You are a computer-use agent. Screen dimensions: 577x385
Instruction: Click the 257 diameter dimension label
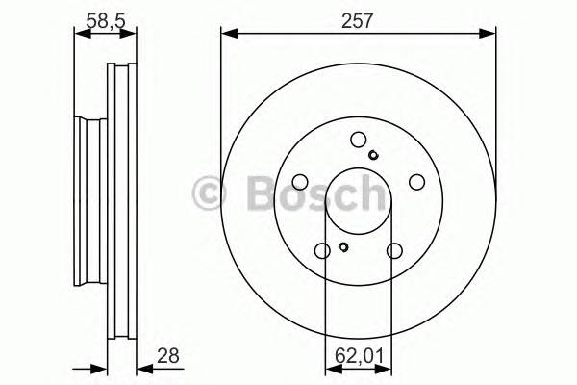pos(358,20)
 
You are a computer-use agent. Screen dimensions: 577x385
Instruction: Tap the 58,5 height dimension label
pos(106,20)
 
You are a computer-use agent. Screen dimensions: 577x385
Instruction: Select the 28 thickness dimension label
pos(168,356)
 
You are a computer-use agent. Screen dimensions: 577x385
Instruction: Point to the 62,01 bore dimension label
pos(359,356)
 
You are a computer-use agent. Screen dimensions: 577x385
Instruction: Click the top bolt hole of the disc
pos(359,140)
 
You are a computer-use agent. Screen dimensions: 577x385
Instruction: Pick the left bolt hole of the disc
pos(300,182)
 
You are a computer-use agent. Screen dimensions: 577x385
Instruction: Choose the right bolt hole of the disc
pos(417,182)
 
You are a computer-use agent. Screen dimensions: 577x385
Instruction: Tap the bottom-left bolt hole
pos(322,251)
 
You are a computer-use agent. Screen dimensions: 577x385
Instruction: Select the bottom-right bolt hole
pos(394,251)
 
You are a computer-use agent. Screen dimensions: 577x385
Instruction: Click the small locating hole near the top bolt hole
pos(373,155)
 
